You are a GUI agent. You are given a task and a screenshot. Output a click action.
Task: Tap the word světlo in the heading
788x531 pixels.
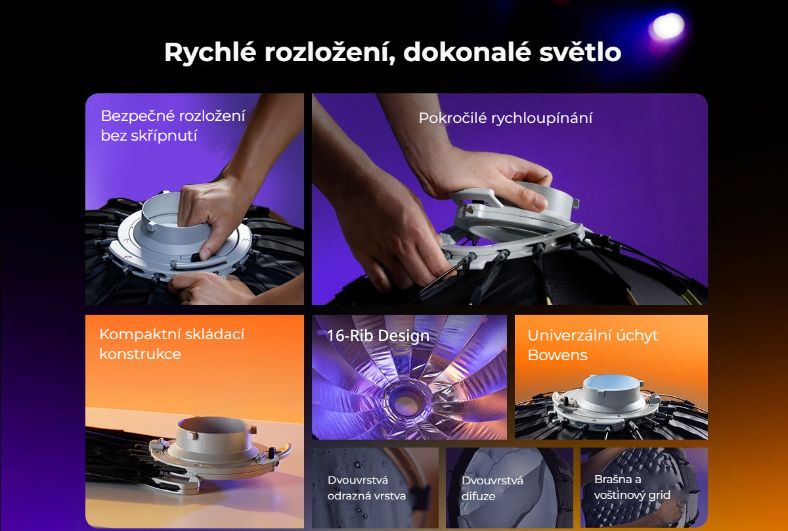click(x=580, y=52)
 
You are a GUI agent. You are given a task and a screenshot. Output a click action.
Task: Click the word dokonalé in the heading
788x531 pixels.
click(x=467, y=52)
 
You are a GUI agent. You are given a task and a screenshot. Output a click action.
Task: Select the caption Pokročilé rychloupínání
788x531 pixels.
click(x=506, y=118)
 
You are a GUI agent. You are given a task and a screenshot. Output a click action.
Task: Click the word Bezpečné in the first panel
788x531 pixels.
click(x=135, y=116)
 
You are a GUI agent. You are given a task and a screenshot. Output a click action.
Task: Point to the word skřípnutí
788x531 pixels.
click(x=164, y=136)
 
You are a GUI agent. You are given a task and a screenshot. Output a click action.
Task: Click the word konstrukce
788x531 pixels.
click(x=140, y=354)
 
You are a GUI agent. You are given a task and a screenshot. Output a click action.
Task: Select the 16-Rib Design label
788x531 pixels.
click(x=378, y=336)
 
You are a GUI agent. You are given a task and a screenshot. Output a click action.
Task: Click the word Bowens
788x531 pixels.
click(x=558, y=356)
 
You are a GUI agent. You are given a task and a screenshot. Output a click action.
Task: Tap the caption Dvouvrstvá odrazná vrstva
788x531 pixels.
click(x=366, y=488)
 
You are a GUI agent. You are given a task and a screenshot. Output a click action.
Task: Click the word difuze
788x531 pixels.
click(x=479, y=496)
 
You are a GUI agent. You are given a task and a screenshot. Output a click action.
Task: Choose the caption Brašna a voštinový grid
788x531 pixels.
click(x=632, y=488)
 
